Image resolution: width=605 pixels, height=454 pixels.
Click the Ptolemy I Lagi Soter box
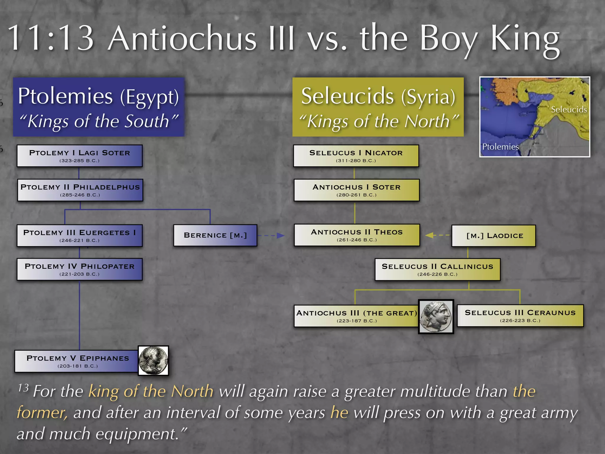tap(79, 156)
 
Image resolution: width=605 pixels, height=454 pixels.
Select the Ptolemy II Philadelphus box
tap(80, 190)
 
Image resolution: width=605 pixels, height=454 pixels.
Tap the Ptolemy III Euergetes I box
tap(79, 236)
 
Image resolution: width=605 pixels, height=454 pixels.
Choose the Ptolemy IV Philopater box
tap(79, 269)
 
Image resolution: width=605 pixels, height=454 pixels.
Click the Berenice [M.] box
tap(215, 235)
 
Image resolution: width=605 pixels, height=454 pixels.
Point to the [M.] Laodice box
tap(494, 236)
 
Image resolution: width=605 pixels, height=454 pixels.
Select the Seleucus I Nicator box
tap(356, 156)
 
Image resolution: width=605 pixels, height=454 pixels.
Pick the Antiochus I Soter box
tap(357, 190)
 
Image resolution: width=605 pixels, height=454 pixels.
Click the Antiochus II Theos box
tap(357, 235)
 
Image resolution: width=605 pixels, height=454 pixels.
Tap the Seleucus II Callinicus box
tap(438, 269)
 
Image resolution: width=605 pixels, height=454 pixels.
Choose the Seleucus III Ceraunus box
tap(520, 316)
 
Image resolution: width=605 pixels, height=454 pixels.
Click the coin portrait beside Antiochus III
tap(436, 317)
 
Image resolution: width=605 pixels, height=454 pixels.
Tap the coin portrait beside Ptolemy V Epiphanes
tap(153, 361)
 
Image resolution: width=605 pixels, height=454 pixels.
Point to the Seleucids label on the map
tap(569, 110)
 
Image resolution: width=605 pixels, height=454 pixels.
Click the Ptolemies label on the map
tap(500, 147)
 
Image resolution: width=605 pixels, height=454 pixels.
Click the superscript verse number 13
tap(23, 388)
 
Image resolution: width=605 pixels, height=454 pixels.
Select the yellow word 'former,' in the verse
tap(42, 413)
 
